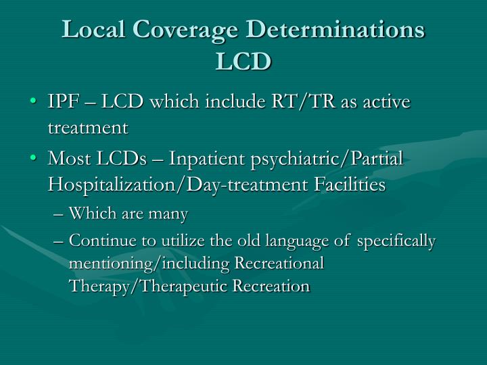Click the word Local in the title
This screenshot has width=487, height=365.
point(96,31)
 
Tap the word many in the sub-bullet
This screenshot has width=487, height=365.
point(169,214)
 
